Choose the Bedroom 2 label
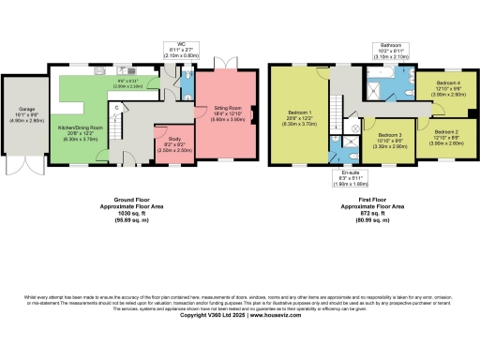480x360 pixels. coord(445,133)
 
